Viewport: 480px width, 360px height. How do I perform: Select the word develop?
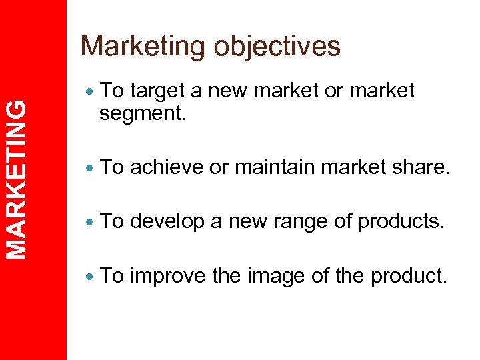169,221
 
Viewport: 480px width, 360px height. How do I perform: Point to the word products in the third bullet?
399,221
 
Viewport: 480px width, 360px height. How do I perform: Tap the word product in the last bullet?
407,275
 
